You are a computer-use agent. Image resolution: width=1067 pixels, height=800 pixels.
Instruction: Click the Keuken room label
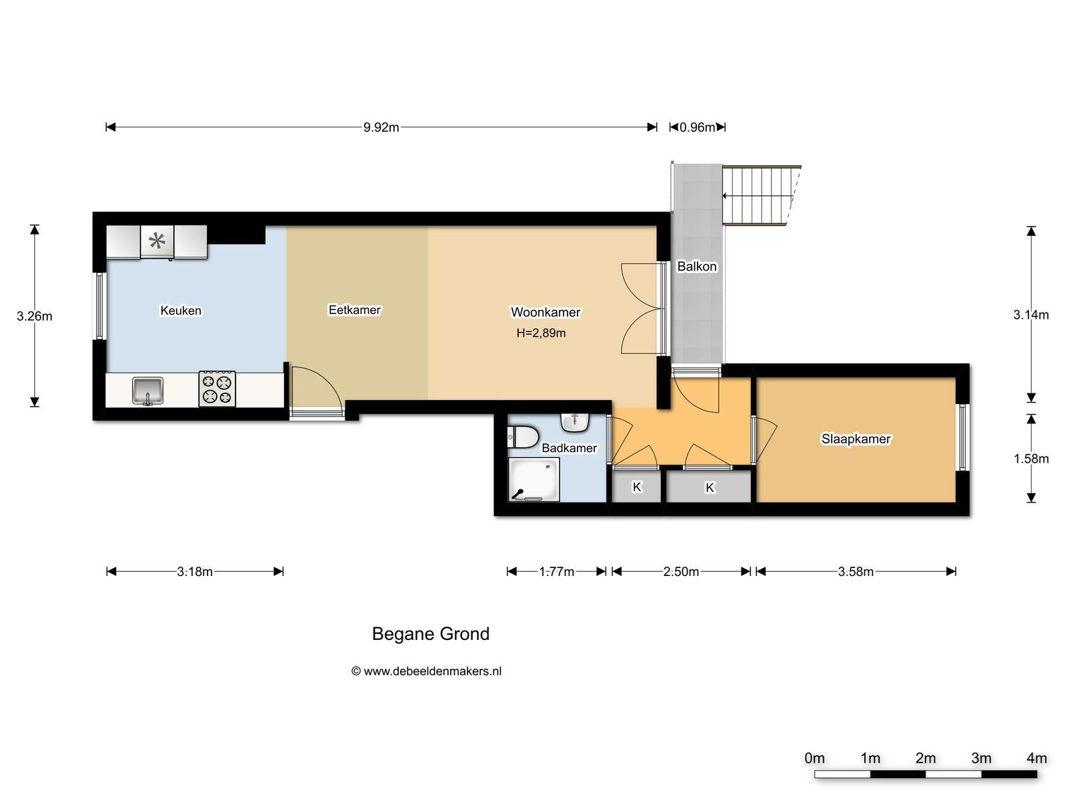pos(181,311)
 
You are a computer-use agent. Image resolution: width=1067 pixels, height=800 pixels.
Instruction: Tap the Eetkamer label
pos(354,310)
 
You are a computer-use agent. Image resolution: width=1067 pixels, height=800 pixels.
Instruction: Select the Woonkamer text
pos(546,312)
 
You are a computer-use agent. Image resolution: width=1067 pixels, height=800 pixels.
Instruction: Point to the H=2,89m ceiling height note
pos(541,333)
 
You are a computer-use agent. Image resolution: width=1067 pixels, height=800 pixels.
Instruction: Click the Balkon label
pos(697,266)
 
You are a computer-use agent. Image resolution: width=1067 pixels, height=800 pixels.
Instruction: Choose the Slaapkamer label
pos(856,439)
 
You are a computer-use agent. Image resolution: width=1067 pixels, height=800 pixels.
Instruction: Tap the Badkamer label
pos(570,448)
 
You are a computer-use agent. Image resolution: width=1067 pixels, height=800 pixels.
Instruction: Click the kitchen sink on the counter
pos(148,391)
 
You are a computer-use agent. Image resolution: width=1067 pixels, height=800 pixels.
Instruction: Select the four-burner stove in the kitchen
pos(217,389)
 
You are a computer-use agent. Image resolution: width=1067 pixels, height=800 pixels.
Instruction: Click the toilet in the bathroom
pos(523,437)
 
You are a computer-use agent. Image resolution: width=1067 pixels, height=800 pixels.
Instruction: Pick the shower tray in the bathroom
pos(533,479)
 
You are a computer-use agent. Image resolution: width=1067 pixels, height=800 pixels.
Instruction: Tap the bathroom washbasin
pos(575,423)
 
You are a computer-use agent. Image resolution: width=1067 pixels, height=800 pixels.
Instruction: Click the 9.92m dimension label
pos(381,127)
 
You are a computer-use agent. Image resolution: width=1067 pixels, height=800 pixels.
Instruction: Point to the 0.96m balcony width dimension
pos(697,127)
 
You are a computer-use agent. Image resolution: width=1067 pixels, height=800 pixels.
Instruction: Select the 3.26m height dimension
pos(34,316)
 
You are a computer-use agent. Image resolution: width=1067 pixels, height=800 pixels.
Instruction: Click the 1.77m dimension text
pos(557,572)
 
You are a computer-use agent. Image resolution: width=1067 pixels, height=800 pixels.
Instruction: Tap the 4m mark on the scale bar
pos(1036,758)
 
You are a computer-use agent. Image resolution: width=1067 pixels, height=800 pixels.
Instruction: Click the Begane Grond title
pos(431,634)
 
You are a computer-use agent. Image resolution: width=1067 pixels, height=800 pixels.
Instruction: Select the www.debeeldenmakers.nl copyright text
pos(426,671)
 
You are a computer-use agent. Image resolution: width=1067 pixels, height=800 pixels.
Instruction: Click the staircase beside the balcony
pos(761,195)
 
